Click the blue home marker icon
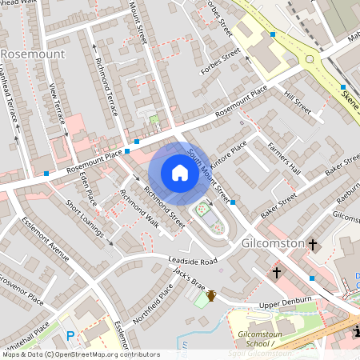coord(180,172)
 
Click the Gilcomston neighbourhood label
coord(271,242)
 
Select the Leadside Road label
coord(193,262)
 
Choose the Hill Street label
coord(297,102)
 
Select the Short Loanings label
coord(84,218)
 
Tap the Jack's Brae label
coord(190,280)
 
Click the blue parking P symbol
coord(70,337)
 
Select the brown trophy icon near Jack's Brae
coord(211,296)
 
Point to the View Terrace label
coord(58,103)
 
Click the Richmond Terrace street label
coord(106,86)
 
